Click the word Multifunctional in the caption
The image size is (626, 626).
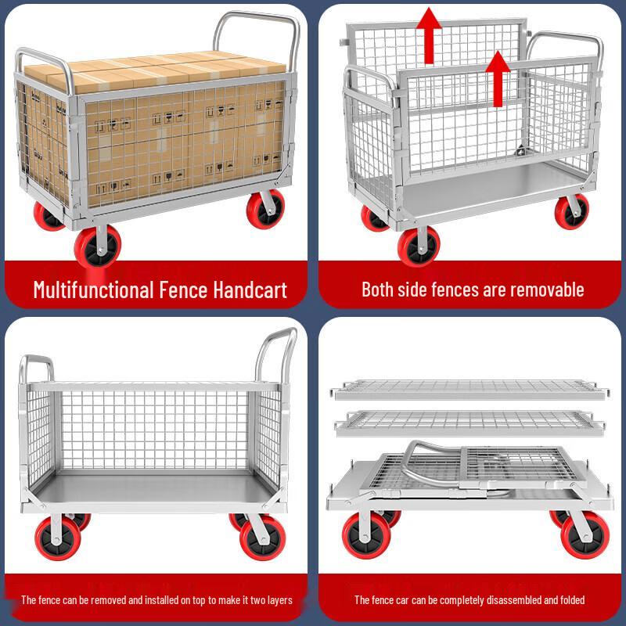(x=93, y=290)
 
